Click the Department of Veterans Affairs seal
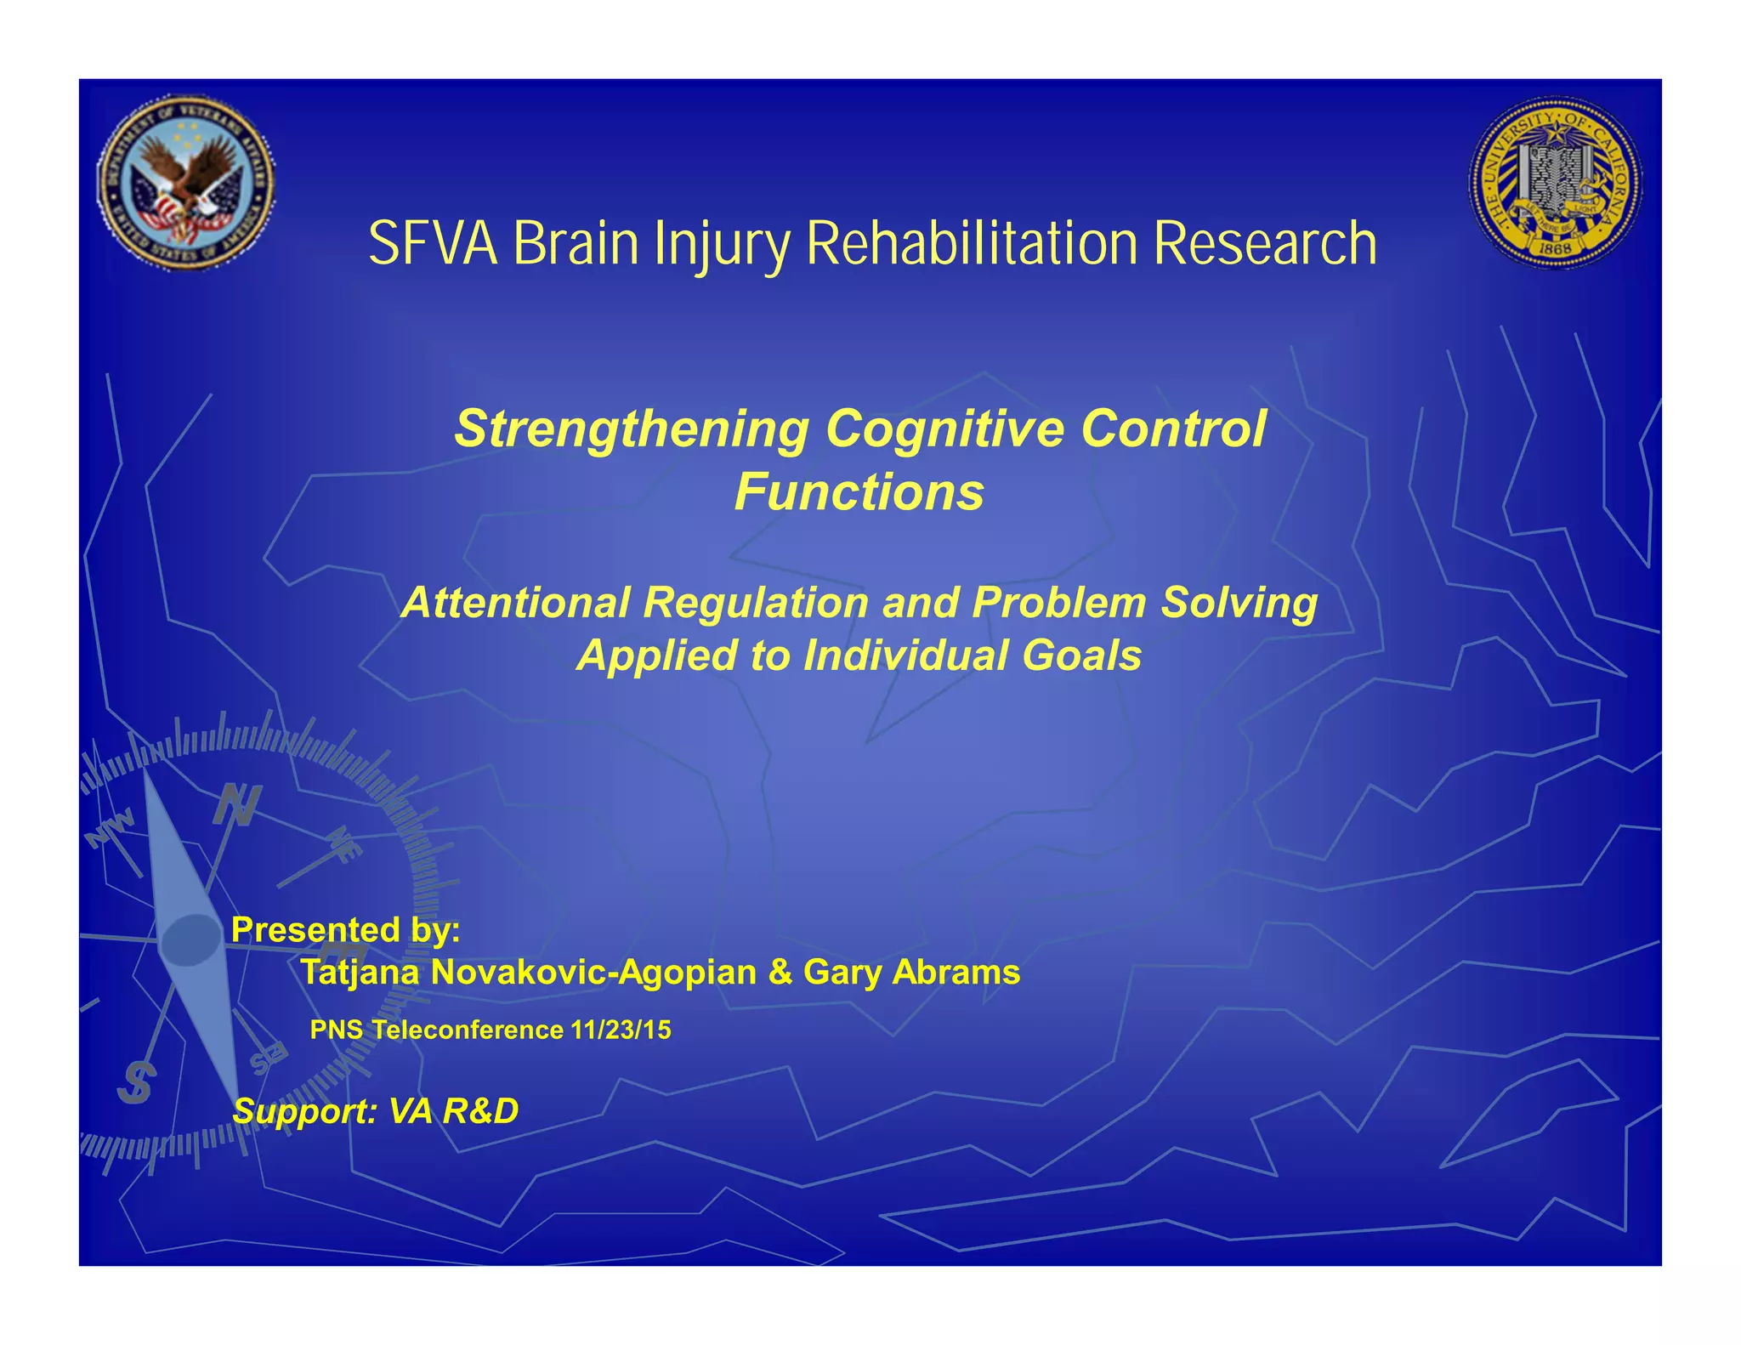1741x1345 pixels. click(x=186, y=183)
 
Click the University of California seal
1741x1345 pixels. click(x=1555, y=183)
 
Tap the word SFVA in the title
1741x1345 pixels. click(x=433, y=245)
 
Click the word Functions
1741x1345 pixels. click(x=859, y=492)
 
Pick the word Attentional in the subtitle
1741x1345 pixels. click(x=516, y=603)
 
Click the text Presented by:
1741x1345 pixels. click(x=345, y=930)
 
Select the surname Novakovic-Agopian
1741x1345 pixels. click(x=593, y=973)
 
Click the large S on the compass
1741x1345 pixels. click(x=136, y=1083)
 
